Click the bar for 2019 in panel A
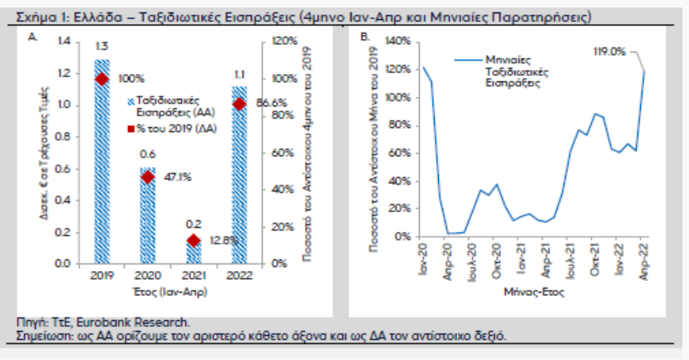[101, 166]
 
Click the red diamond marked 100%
[101, 79]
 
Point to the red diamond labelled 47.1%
[147, 176]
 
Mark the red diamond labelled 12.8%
[193, 240]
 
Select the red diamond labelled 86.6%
[239, 104]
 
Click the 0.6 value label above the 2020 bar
[147, 154]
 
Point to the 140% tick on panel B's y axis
[396, 42]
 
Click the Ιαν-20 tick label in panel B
[423, 257]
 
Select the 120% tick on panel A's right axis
[278, 41]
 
